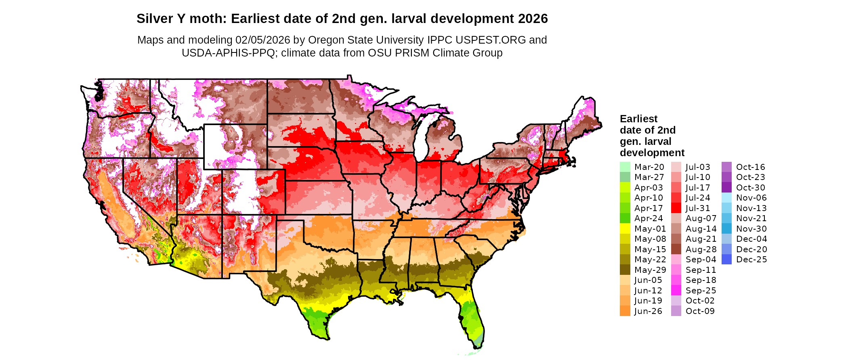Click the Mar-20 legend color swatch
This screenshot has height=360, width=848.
[x=625, y=167]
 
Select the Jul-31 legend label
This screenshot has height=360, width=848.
[x=697, y=208]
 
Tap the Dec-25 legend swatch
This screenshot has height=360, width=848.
[x=726, y=260]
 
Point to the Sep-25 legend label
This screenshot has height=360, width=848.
[x=701, y=291]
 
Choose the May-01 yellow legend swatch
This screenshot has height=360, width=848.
[x=625, y=229]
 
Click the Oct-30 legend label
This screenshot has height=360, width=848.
[x=750, y=188]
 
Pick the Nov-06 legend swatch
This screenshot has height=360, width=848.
[x=726, y=198]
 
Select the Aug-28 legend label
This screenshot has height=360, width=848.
[x=701, y=249]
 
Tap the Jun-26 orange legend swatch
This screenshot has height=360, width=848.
[x=625, y=311]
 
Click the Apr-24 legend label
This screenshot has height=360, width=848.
[x=649, y=218]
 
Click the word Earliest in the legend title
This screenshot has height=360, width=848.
[x=638, y=119]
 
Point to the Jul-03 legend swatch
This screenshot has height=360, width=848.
[x=676, y=167]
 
